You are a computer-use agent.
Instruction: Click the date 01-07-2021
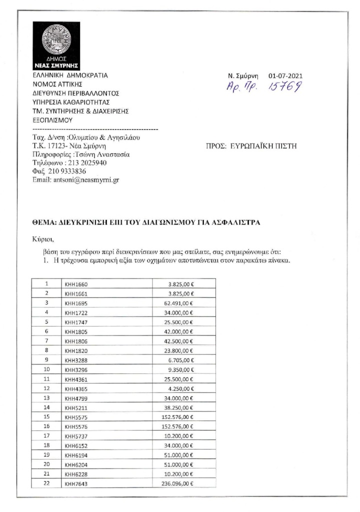coord(285,76)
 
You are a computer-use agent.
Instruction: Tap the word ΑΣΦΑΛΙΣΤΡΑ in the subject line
coord(234,222)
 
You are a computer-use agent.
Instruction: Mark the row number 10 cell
coord(46,369)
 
